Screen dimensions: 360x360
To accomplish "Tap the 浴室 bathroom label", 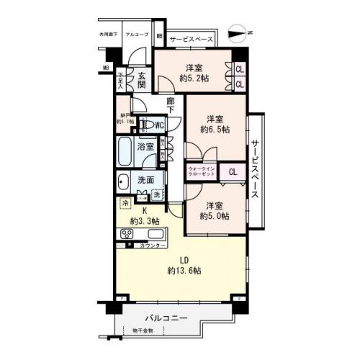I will pos(146,147).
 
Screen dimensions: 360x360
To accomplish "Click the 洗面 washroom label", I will pos(146,180).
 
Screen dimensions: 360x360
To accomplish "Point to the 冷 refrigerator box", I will pos(125,204).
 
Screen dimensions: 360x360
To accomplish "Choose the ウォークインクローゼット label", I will pos(203,171).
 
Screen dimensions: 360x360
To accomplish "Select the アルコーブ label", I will pos(137,35).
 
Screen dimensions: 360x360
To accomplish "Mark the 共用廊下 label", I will pos(109,35).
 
